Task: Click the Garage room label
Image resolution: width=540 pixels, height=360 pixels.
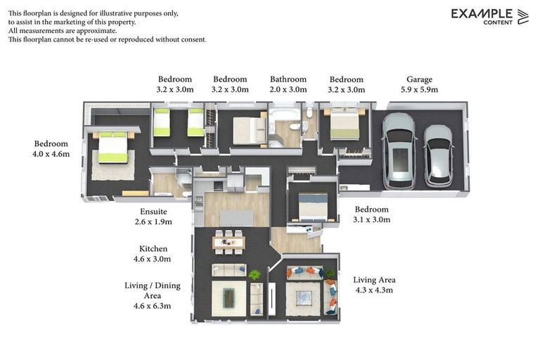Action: pos(419,79)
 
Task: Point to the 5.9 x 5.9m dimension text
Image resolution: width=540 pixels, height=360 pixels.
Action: pos(419,90)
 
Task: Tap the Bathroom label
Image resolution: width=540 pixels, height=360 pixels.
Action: pos(288,79)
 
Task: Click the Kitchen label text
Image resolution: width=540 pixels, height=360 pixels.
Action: pos(153,249)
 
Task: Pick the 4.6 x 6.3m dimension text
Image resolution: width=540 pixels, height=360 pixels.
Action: pos(153,306)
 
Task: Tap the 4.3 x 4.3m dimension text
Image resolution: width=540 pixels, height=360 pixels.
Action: pos(373,290)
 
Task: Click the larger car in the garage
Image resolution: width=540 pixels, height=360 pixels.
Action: pos(399,150)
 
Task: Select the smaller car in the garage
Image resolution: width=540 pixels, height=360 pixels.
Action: pos(438,155)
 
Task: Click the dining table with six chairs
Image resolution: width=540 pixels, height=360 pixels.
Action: pos(229,243)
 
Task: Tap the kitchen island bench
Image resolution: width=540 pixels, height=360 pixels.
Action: pos(233,218)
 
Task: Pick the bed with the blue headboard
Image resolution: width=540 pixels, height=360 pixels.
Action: pos(313,207)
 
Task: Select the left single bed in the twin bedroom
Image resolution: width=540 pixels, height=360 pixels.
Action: pos(162,122)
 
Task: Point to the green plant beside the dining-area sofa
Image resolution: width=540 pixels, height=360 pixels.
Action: pos(255,275)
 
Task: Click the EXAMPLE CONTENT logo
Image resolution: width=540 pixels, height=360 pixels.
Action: pos(489,16)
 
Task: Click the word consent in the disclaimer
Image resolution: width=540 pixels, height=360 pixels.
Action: pos(191,39)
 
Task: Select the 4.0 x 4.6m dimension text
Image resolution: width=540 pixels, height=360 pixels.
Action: pos(51,154)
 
